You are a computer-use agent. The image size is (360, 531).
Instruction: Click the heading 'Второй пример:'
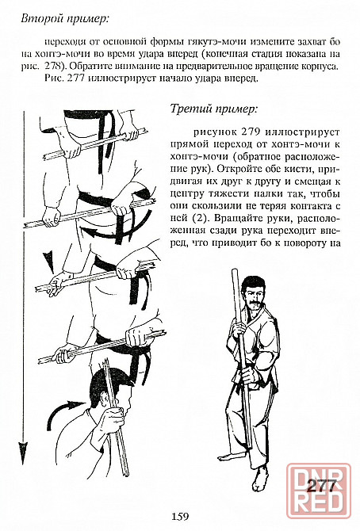point(65,18)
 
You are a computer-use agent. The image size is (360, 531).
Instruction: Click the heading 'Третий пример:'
point(213,109)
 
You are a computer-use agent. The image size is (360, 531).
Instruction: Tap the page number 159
point(180,516)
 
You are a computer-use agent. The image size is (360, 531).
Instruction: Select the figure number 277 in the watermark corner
point(320,487)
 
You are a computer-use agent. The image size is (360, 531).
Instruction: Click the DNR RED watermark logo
point(318,491)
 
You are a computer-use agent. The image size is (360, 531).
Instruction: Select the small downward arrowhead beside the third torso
point(49,262)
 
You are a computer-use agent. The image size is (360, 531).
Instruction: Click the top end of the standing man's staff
point(235,271)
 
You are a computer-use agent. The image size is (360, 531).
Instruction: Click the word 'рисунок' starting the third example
point(212,132)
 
